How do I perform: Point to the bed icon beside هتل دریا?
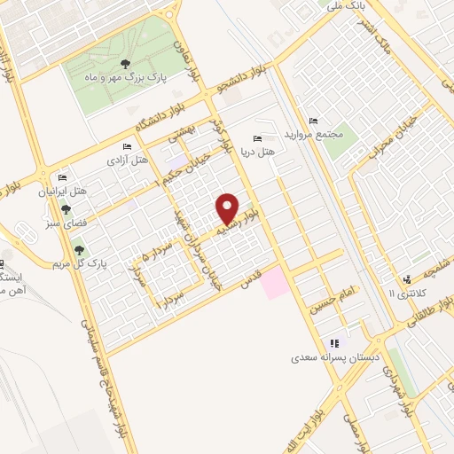click(257, 138)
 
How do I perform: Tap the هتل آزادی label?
click(128, 160)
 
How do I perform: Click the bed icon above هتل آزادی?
click(128, 146)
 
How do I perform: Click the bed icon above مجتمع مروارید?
click(311, 121)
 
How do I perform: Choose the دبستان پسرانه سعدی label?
click(333, 359)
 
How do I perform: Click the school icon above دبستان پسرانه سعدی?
click(333, 343)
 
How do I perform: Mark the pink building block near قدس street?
click(274, 282)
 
